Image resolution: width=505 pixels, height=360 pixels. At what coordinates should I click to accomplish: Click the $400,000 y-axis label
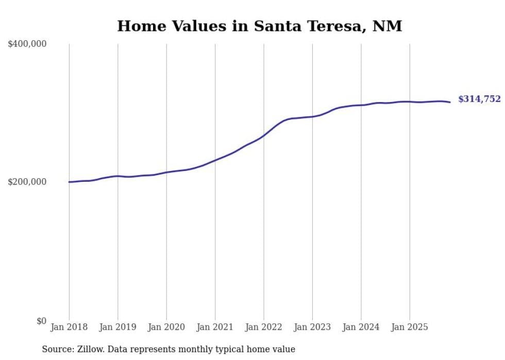point(27,44)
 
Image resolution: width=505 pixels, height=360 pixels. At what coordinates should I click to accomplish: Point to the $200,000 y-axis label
point(27,182)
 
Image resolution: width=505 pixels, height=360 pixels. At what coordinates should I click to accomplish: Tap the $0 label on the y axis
point(41,321)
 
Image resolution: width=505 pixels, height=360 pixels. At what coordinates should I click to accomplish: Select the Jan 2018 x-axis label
point(69,327)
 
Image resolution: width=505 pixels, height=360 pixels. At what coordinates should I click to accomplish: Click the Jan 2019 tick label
point(117,327)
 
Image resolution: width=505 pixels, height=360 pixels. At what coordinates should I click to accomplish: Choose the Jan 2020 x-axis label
point(166,327)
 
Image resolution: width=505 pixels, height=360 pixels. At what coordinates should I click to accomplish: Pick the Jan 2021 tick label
point(215,327)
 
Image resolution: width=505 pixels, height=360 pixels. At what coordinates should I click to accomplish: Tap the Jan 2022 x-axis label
point(264,327)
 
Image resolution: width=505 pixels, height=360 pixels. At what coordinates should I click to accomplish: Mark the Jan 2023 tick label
point(312,327)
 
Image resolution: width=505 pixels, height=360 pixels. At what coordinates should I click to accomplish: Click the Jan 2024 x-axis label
point(361,327)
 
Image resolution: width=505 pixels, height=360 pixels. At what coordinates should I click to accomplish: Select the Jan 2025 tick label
point(410,327)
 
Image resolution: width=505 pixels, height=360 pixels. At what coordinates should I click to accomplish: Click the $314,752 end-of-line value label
point(479,99)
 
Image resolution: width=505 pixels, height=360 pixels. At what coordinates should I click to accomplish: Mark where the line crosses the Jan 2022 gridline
point(264,135)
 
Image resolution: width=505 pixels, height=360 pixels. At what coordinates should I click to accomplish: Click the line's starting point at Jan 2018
point(69,182)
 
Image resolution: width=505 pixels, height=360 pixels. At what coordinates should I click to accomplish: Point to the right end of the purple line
point(450,102)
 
